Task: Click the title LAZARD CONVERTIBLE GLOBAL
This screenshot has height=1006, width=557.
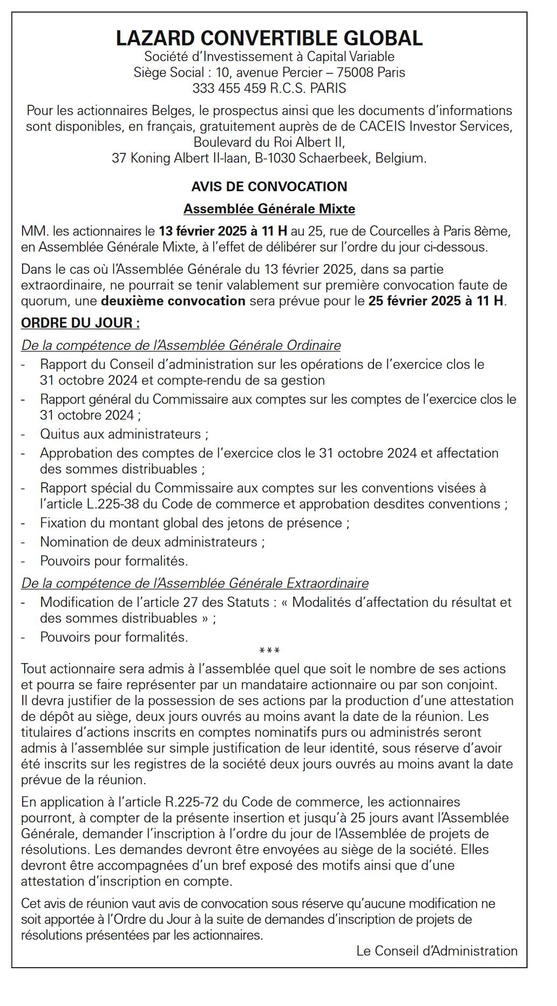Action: pos(269,38)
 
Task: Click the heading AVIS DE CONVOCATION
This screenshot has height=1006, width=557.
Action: pos(269,187)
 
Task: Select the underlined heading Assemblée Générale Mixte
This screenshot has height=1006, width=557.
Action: pos(269,209)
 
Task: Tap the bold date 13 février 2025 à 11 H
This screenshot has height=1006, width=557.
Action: pos(223,232)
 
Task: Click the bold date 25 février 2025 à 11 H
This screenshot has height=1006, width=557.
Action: pos(436,301)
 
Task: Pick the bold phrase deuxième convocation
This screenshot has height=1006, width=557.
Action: pos(173,301)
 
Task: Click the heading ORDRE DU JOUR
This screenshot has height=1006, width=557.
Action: pos(80,323)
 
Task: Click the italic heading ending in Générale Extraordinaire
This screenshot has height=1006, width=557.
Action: pos(195,583)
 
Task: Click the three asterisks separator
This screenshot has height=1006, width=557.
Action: pos(269,651)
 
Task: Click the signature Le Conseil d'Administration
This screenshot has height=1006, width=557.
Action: pos(437,951)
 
